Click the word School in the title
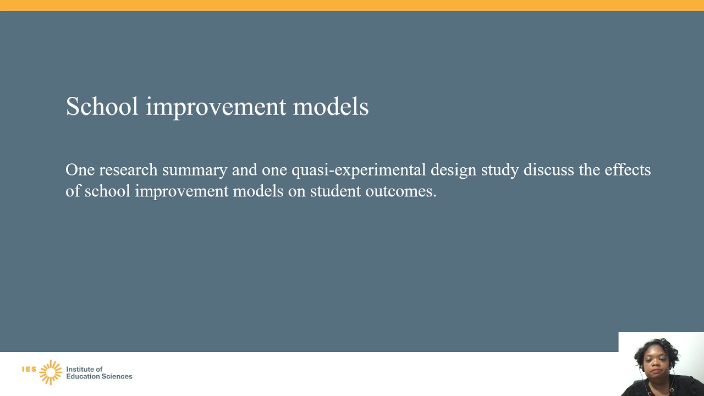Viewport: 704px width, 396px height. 102,106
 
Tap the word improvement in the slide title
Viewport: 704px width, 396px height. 216,107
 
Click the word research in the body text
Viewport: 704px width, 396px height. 128,170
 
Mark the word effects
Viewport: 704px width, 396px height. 628,170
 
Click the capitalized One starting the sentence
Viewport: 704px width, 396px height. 80,170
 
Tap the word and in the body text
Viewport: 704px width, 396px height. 244,170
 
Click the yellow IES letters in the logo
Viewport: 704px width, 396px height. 29,369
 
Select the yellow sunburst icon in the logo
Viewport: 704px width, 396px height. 51,372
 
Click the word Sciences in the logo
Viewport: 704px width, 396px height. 116,377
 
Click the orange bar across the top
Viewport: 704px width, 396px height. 352,5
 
